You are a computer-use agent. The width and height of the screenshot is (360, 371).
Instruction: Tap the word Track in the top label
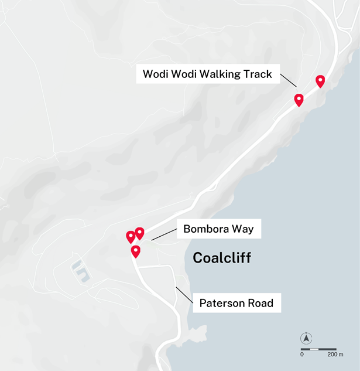(258, 74)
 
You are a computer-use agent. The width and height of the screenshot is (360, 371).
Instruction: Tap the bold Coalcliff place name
(222, 258)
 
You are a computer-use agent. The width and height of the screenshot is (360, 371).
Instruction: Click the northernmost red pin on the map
(320, 80)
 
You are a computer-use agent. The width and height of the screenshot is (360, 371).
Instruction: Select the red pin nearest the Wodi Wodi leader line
(299, 99)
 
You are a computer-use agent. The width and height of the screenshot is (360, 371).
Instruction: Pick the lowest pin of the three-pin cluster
(136, 251)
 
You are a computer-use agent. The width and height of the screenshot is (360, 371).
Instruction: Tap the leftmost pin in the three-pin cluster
(131, 236)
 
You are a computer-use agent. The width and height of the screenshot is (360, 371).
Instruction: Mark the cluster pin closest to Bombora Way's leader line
(140, 233)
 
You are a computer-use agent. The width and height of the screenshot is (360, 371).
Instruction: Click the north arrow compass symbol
(306, 338)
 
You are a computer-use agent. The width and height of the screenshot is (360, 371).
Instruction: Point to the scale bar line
(318, 349)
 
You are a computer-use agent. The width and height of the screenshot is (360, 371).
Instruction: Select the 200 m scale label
(332, 355)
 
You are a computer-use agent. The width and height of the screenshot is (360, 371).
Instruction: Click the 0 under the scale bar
(302, 355)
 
